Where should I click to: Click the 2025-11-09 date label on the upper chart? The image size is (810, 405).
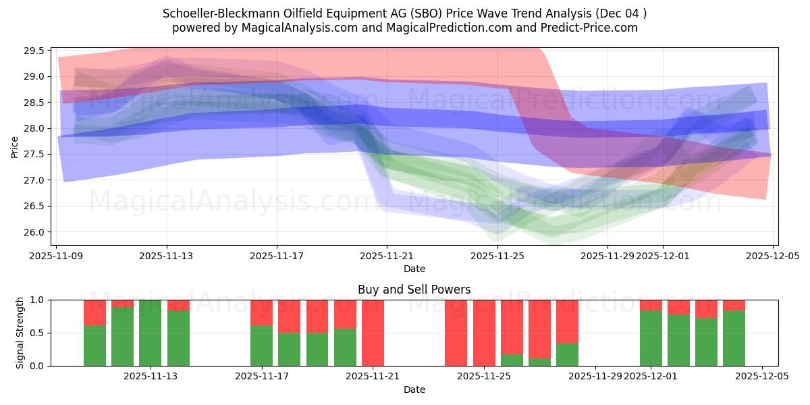click(x=57, y=256)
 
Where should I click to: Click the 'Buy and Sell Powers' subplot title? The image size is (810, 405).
click(x=414, y=290)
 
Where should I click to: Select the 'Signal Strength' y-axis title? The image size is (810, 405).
click(x=20, y=333)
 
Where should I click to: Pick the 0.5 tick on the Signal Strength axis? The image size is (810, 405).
click(x=38, y=333)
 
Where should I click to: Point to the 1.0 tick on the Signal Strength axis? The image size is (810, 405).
click(x=38, y=300)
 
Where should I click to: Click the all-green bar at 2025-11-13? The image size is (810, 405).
click(x=151, y=333)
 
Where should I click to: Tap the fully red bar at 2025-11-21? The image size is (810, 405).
click(x=373, y=333)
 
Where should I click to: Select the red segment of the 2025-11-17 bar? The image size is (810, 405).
click(x=261, y=312)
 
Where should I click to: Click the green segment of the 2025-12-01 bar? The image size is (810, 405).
click(x=651, y=337)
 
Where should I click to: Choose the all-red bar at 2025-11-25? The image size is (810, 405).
click(x=484, y=333)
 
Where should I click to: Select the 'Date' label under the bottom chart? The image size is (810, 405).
click(x=414, y=389)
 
